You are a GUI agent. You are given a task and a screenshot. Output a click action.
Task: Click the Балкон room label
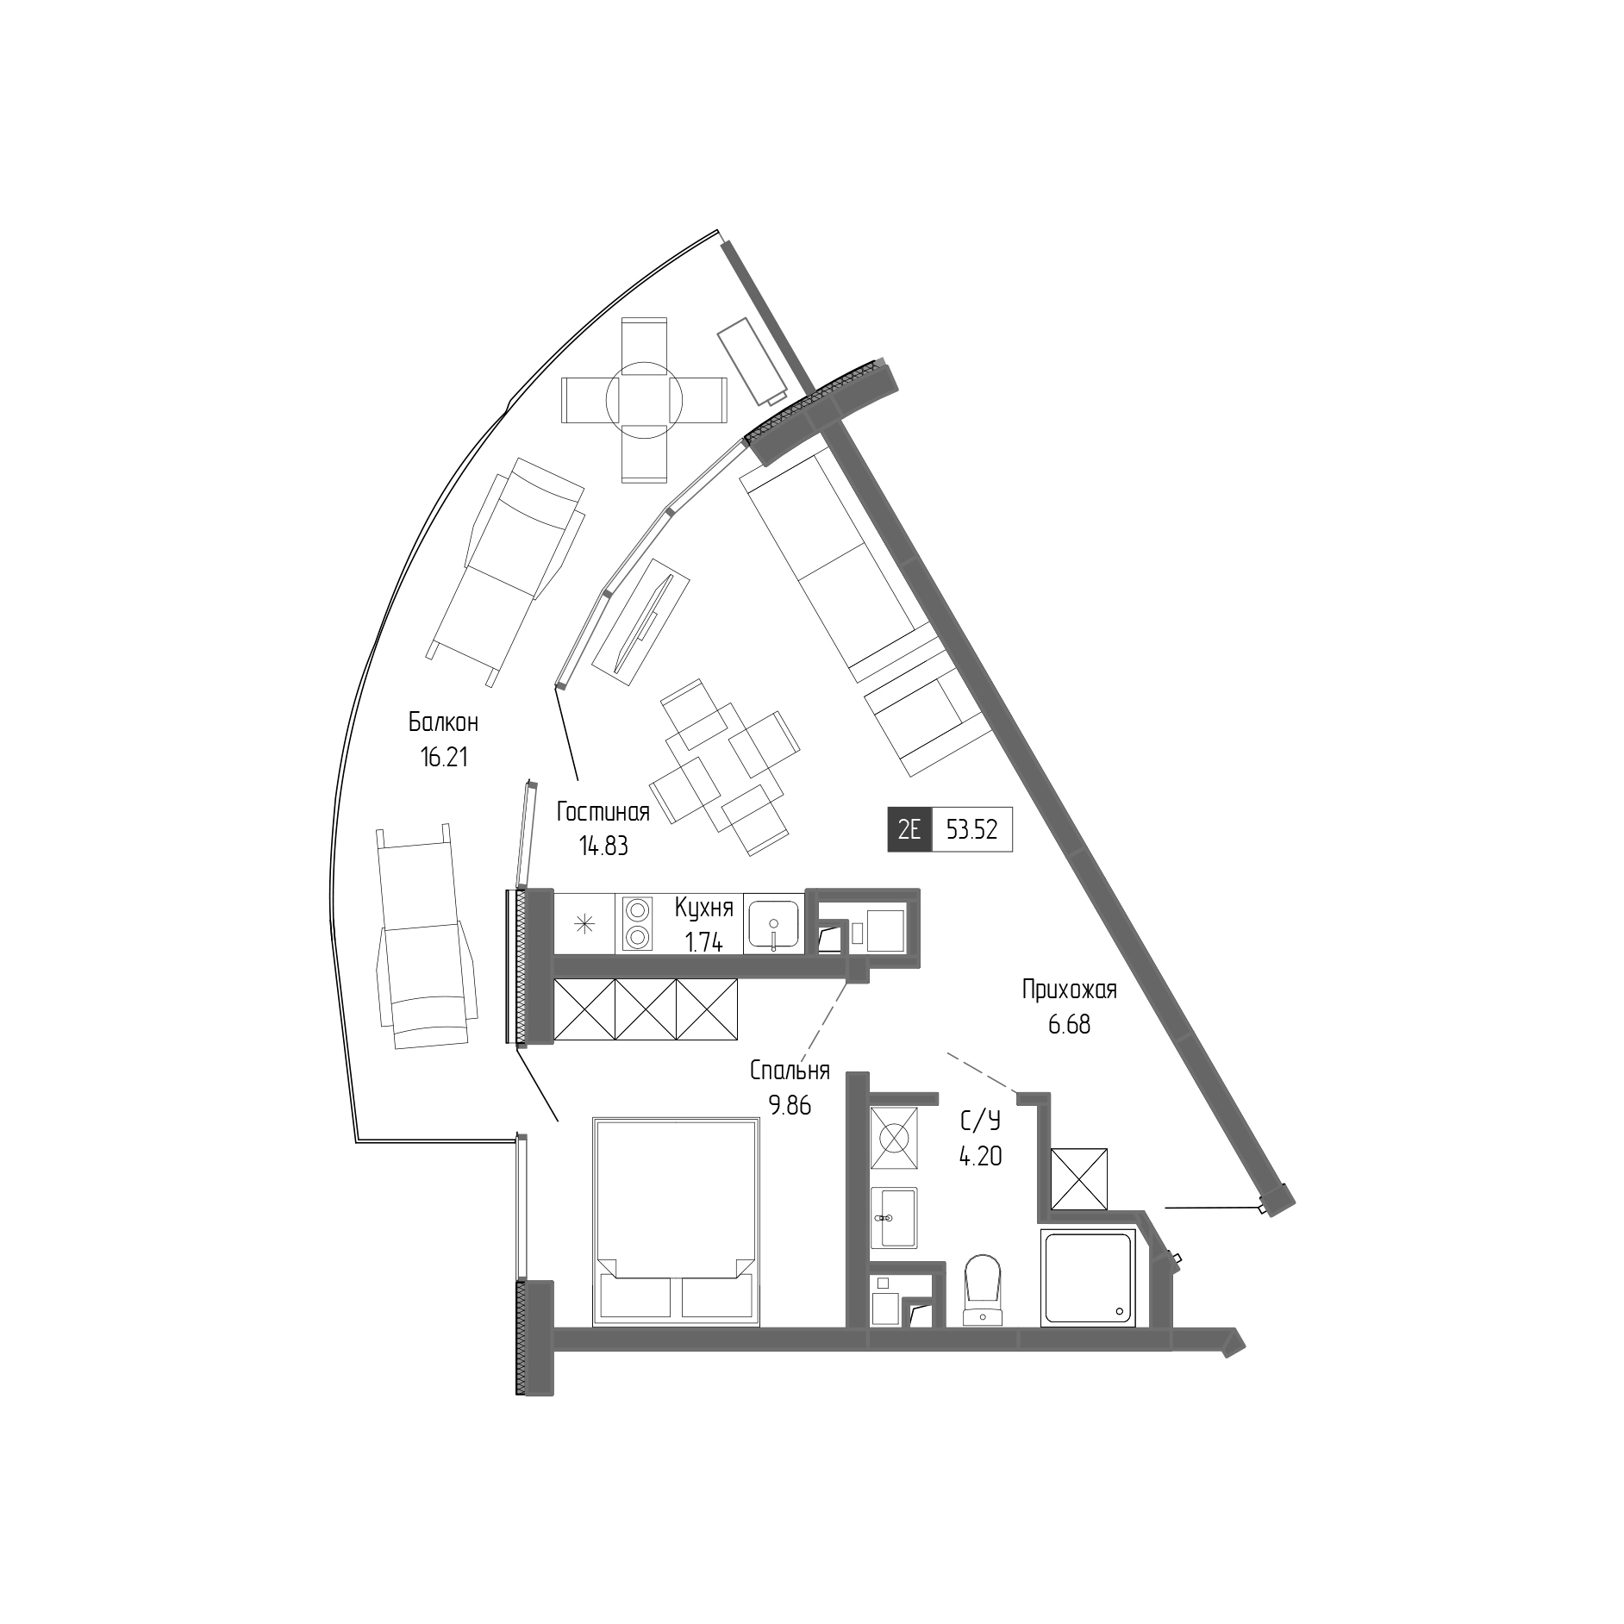point(443,721)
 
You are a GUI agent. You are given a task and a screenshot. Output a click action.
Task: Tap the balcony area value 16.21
point(443,758)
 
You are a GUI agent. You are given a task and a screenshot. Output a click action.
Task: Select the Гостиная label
point(603,812)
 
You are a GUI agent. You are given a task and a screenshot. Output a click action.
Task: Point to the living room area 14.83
point(603,846)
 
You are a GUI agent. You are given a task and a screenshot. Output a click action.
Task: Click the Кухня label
point(704,908)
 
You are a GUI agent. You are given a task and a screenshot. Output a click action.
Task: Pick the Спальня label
point(790,1071)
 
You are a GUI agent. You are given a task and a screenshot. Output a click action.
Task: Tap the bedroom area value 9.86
point(790,1105)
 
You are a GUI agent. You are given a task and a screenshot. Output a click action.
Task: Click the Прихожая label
point(1069,990)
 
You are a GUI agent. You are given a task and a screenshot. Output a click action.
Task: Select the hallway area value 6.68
point(1069,1025)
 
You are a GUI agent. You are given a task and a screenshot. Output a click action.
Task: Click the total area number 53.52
point(971,829)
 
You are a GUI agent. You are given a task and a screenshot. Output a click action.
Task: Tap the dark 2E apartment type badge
point(909,829)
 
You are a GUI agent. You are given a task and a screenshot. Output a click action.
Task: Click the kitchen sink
point(774,923)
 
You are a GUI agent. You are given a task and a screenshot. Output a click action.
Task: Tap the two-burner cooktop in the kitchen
point(636,923)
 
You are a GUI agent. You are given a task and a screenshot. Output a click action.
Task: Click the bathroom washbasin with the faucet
point(894,1217)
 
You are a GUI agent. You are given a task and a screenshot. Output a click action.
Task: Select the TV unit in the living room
point(640,621)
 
